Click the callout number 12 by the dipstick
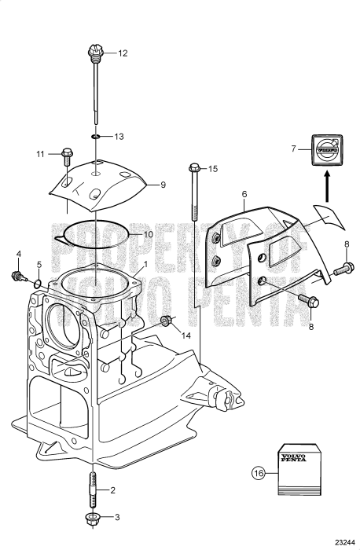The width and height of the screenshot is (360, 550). point(122,54)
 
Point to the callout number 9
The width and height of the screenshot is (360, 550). point(163,185)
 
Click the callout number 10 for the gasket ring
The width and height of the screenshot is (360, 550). point(146,234)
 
